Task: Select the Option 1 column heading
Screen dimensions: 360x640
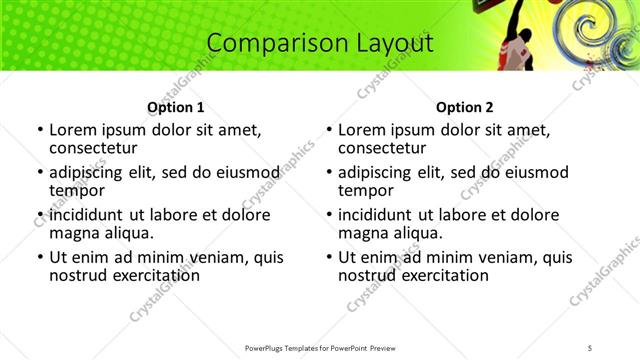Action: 175,107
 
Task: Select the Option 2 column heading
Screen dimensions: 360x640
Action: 465,107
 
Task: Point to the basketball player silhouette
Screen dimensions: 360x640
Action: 523,45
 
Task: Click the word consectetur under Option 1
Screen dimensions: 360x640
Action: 99,148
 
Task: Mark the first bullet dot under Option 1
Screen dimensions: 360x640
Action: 39,130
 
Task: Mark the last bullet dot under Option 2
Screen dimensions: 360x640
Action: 329,257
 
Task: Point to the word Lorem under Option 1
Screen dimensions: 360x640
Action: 72,130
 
